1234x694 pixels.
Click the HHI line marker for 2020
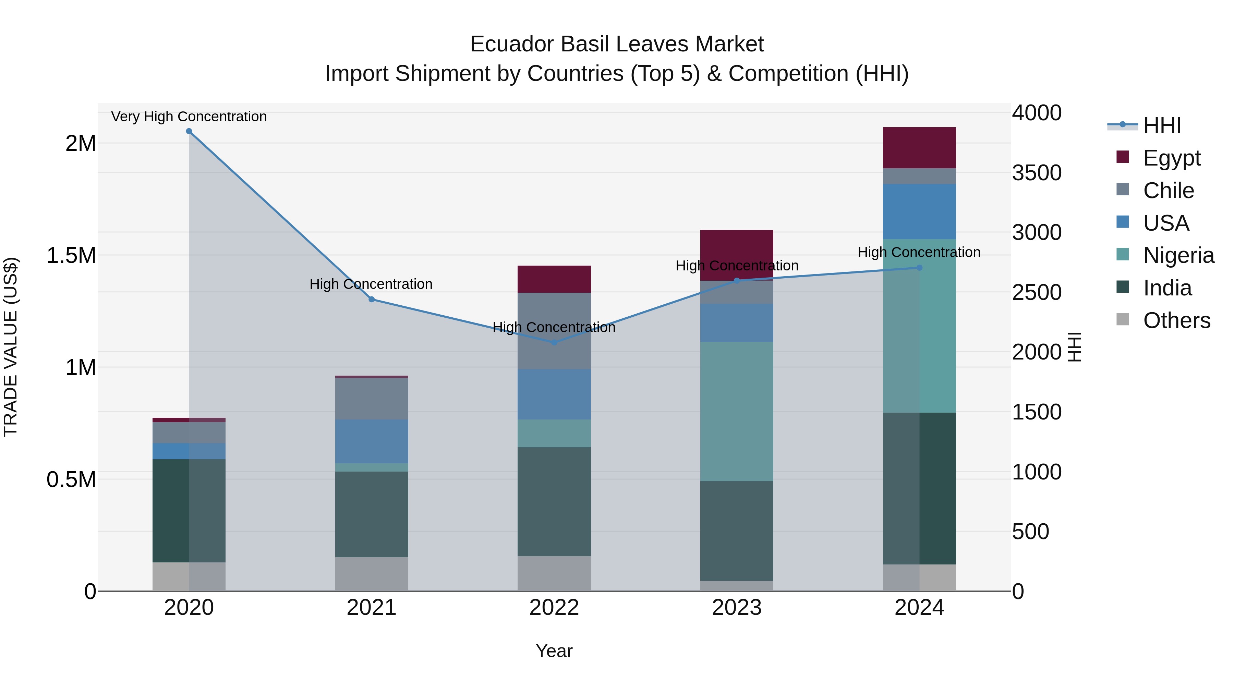point(189,131)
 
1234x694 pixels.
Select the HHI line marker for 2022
point(554,342)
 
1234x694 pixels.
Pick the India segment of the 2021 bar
point(371,514)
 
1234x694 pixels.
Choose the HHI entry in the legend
point(1162,125)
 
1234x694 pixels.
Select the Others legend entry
point(1176,320)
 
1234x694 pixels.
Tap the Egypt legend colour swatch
point(1122,157)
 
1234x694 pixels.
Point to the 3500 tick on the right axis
point(1037,173)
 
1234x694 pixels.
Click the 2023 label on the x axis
point(736,608)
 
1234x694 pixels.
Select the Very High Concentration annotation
point(189,117)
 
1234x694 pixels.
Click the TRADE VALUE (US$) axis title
point(11,347)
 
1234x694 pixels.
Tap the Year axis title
point(554,651)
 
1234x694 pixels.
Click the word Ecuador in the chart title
point(511,44)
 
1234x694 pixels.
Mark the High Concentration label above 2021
point(371,284)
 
